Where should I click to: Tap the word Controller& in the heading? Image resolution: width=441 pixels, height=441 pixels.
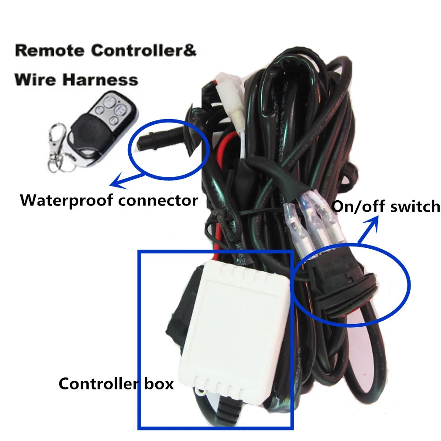pyautogui.click(x=143, y=50)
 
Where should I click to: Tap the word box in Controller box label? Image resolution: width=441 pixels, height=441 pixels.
pyautogui.click(x=158, y=384)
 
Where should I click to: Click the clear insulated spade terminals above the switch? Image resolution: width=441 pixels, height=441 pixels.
pyautogui.click(x=309, y=220)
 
